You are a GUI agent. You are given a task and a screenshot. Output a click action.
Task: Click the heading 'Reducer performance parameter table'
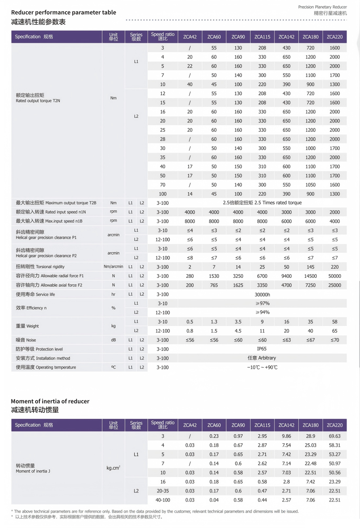(x=64, y=12)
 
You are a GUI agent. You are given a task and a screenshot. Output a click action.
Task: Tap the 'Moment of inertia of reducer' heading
(x=50, y=401)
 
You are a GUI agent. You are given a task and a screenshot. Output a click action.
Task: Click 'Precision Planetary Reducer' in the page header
(x=322, y=7)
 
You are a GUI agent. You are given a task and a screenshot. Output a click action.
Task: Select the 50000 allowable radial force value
(x=334, y=276)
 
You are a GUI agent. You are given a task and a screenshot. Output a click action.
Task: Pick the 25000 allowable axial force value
(x=334, y=285)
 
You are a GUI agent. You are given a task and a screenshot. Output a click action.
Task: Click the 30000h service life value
(x=262, y=294)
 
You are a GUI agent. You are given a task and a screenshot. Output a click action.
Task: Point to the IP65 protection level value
(x=262, y=349)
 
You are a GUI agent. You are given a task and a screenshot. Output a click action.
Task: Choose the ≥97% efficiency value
(x=262, y=303)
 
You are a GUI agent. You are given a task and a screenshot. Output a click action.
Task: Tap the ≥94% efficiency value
(x=262, y=312)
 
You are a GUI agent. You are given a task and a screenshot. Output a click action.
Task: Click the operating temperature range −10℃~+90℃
(x=262, y=367)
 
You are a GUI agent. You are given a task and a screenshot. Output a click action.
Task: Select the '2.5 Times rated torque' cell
(x=262, y=203)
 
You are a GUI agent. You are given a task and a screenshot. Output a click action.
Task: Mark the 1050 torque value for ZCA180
(x=310, y=185)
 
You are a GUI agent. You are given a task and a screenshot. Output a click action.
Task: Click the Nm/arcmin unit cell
(x=113, y=267)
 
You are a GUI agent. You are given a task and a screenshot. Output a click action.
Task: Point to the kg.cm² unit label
(x=113, y=468)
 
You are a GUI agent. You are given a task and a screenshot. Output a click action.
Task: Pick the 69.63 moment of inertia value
(x=334, y=436)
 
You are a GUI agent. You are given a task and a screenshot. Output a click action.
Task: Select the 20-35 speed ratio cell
(x=163, y=491)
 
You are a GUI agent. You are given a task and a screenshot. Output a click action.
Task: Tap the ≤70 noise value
(x=334, y=340)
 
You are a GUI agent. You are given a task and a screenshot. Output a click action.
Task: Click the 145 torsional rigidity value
(x=310, y=267)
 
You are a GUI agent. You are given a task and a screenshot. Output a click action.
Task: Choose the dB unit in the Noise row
(x=113, y=340)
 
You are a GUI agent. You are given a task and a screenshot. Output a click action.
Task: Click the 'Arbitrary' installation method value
(x=262, y=358)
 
